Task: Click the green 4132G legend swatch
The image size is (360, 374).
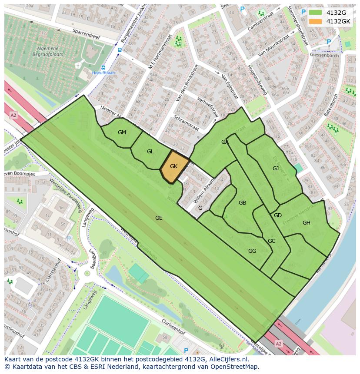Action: point(316,13)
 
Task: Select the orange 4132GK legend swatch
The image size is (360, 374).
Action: point(316,21)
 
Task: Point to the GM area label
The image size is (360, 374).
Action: point(122,132)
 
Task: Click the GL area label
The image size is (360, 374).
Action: point(150,152)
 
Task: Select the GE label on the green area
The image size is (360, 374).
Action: point(159,218)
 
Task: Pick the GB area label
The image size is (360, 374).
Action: point(242,203)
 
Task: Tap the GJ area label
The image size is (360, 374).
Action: point(276,168)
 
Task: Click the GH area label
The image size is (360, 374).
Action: point(307,223)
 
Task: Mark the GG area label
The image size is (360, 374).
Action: point(252,251)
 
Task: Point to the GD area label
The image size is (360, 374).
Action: point(278,215)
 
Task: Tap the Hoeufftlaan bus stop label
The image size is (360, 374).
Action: point(103,73)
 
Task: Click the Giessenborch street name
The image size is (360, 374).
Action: point(326,56)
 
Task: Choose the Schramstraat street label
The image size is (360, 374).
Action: point(186,123)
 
